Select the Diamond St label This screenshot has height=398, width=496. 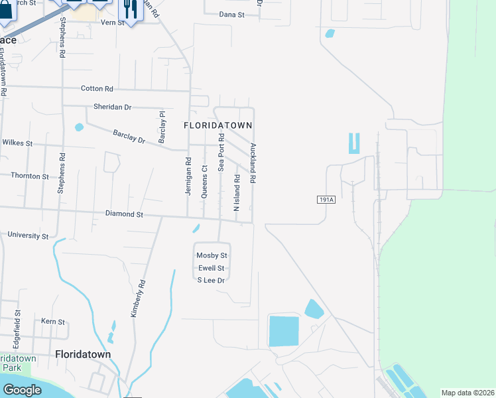click(x=125, y=214)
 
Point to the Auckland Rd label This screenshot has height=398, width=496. click(x=253, y=163)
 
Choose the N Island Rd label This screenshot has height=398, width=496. click(x=237, y=192)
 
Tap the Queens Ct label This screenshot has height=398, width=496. click(x=204, y=181)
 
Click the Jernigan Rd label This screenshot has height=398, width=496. click(x=188, y=175)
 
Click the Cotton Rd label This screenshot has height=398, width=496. click(x=97, y=88)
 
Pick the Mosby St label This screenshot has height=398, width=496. click(x=212, y=255)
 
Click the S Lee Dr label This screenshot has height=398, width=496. click(x=212, y=281)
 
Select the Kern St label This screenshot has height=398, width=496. click(x=53, y=321)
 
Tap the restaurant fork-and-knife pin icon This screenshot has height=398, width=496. click(x=130, y=9)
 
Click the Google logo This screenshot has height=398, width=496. click(x=22, y=389)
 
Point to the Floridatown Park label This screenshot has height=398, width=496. click(x=18, y=363)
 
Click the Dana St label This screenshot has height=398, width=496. click(x=231, y=14)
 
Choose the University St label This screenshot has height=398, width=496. click(x=28, y=235)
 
